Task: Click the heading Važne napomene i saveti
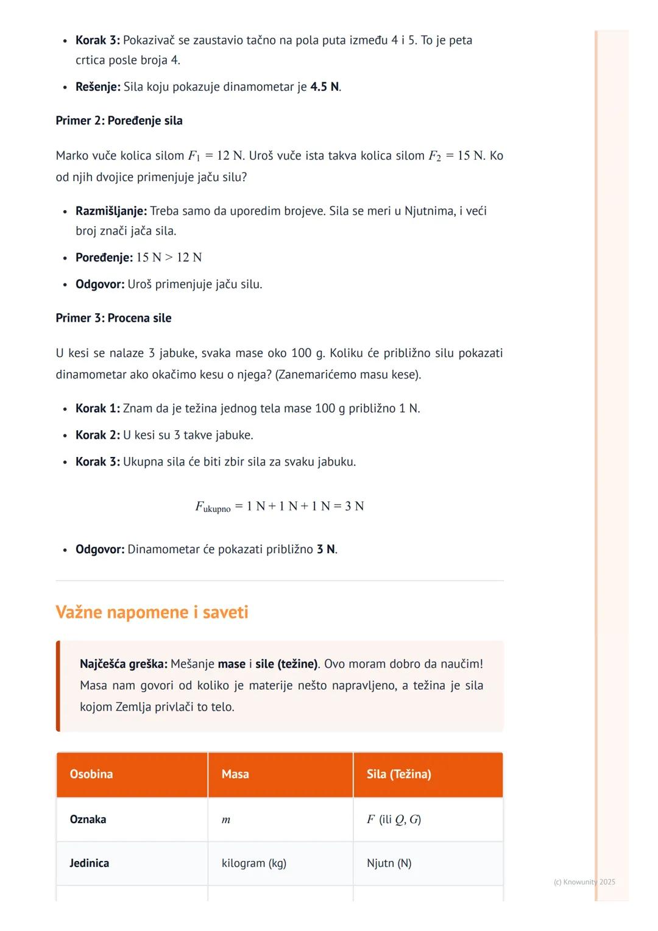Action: pos(152,612)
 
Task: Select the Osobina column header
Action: pos(91,774)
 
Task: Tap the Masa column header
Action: pos(235,774)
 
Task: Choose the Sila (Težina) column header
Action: pos(398,774)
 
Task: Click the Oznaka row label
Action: pos(88,819)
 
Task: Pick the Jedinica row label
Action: pos(89,863)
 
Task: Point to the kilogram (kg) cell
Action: pos(254,863)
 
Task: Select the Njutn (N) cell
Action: pos(389,863)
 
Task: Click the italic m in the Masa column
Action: pos(226,819)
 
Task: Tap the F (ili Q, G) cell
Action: pos(394,819)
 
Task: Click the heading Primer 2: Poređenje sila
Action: pos(119,121)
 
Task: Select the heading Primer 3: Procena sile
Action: pos(113,318)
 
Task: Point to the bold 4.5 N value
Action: pos(324,87)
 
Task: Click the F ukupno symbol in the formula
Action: pos(212,506)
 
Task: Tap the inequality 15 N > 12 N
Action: pos(169,257)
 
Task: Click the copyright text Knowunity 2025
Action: pos(584,882)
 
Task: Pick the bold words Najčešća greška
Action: pos(123,664)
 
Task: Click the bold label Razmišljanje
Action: pos(111,211)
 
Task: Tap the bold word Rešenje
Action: pos(97,87)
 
